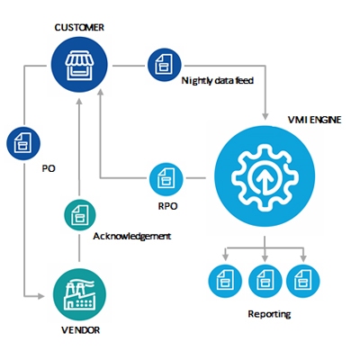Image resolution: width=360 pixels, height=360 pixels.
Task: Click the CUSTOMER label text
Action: pyautogui.click(x=79, y=28)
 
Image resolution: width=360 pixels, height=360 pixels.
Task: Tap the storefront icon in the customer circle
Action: pyautogui.click(x=79, y=65)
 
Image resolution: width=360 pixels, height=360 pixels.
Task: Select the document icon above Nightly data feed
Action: pyautogui.click(x=165, y=65)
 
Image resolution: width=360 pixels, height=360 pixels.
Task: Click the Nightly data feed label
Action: pyautogui.click(x=218, y=81)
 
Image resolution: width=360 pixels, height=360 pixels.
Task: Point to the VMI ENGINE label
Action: pyautogui.click(x=314, y=120)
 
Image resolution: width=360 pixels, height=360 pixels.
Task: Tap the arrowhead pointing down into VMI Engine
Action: pyautogui.click(x=265, y=116)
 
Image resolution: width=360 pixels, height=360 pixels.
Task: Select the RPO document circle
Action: pyautogui.click(x=166, y=179)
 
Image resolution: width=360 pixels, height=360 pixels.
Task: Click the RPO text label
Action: pyautogui.click(x=167, y=206)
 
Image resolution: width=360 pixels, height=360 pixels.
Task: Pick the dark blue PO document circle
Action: pyautogui.click(x=23, y=143)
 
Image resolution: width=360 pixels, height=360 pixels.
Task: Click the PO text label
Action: pyautogui.click(x=49, y=168)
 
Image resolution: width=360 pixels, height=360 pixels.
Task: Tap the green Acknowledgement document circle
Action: pyautogui.click(x=80, y=215)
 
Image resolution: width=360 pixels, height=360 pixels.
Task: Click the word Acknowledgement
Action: pyautogui.click(x=132, y=237)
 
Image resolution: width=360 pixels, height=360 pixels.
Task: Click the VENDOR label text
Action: pyautogui.click(x=80, y=330)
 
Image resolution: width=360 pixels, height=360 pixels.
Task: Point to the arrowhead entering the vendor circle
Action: pyautogui.click(x=40, y=296)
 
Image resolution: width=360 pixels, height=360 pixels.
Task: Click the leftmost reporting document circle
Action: pyautogui.click(x=225, y=281)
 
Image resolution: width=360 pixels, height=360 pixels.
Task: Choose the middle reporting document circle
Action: pyautogui.click(x=265, y=281)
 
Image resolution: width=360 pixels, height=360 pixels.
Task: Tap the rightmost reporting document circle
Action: pyautogui.click(x=303, y=281)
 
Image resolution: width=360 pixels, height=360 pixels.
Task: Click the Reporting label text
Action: pyautogui.click(x=269, y=314)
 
